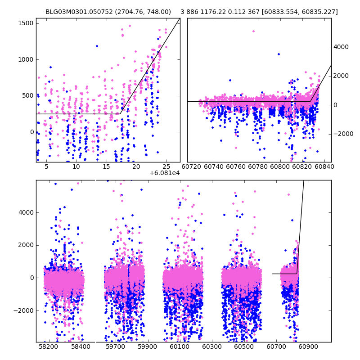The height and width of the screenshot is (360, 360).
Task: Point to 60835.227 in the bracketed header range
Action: click(x=319, y=12)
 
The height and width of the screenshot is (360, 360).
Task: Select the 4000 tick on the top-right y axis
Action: click(x=340, y=46)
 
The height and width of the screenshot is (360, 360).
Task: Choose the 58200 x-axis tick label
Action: click(x=48, y=347)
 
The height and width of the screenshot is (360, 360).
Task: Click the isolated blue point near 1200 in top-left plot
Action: click(x=97, y=46)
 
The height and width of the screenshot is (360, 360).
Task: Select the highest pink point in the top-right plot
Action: click(x=253, y=31)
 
